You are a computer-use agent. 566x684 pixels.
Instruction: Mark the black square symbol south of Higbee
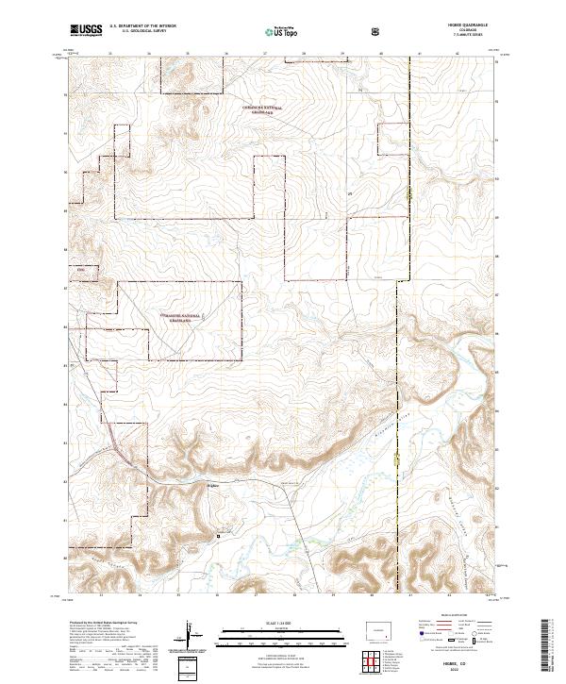[x=219, y=535]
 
